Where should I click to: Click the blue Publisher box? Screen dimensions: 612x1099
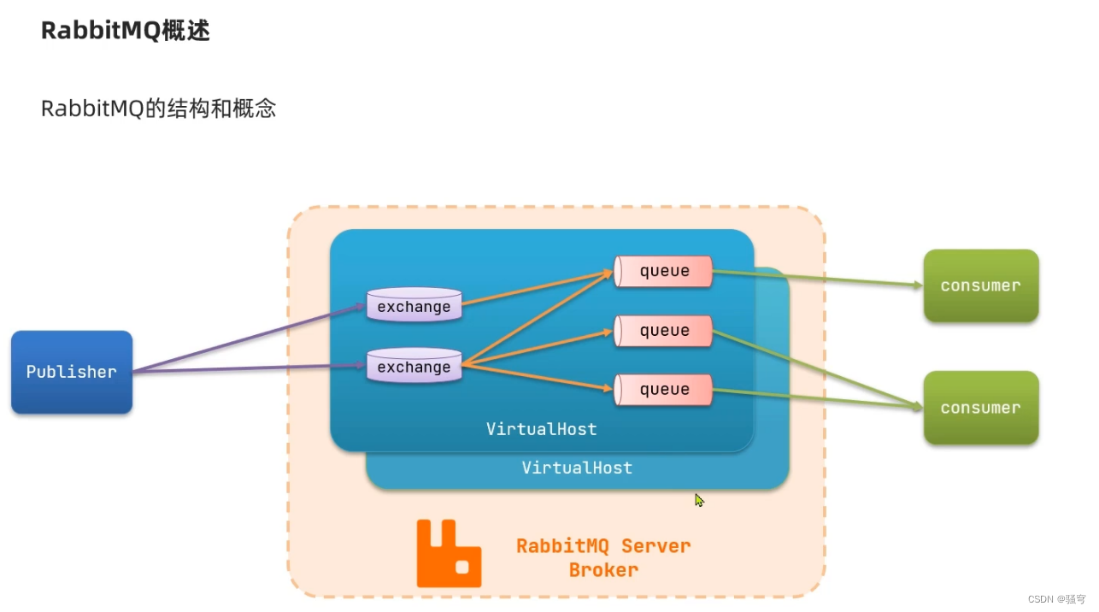coord(72,372)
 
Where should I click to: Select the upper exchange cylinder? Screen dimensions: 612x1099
coord(414,306)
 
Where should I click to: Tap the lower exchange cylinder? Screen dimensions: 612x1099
coord(414,367)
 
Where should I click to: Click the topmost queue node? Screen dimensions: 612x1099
coord(663,271)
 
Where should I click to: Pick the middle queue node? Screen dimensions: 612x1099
coord(663,331)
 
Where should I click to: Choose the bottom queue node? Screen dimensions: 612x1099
coord(663,390)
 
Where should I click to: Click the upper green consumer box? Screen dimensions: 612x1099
coord(980,285)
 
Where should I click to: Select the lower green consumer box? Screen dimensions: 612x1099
coord(980,408)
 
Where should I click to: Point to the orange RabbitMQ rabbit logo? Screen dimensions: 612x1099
coord(448,553)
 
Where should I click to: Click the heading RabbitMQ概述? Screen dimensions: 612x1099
coord(125,31)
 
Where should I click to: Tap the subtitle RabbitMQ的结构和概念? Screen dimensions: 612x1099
coord(158,109)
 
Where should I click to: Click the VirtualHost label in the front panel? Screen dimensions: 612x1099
coord(541,429)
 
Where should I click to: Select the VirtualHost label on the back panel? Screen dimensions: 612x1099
coord(577,468)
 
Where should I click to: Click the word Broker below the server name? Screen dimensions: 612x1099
coord(603,569)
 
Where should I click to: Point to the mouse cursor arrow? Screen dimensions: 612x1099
coord(698,499)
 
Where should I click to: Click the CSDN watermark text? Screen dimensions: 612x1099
coord(1055,599)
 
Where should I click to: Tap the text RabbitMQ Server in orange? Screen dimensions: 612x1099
coord(603,546)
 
